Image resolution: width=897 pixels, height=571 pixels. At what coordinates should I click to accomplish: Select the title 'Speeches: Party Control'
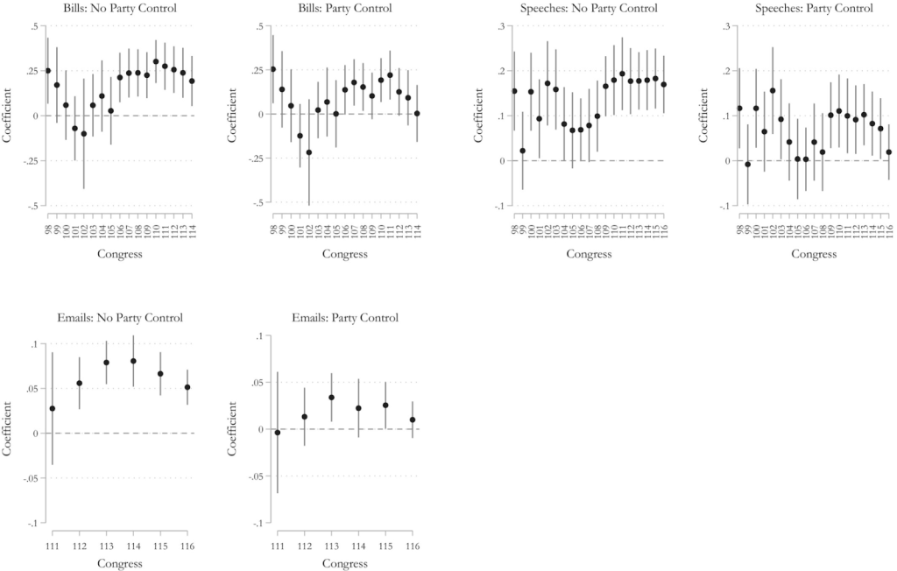click(x=814, y=9)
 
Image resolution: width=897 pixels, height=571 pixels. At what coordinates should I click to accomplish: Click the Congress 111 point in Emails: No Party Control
click(x=52, y=408)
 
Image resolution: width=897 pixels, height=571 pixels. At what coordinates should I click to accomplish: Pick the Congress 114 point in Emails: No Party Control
click(x=134, y=361)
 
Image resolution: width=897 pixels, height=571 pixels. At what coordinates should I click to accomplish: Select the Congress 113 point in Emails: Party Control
click(x=331, y=397)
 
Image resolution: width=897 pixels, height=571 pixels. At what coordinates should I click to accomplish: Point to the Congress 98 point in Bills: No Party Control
click(x=47, y=71)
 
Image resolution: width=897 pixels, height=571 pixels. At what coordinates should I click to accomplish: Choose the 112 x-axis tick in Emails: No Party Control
click(x=80, y=546)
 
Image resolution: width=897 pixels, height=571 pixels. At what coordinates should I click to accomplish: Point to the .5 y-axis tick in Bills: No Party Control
click(x=31, y=26)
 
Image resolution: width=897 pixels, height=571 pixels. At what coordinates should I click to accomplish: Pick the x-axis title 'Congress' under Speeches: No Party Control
click(x=589, y=255)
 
